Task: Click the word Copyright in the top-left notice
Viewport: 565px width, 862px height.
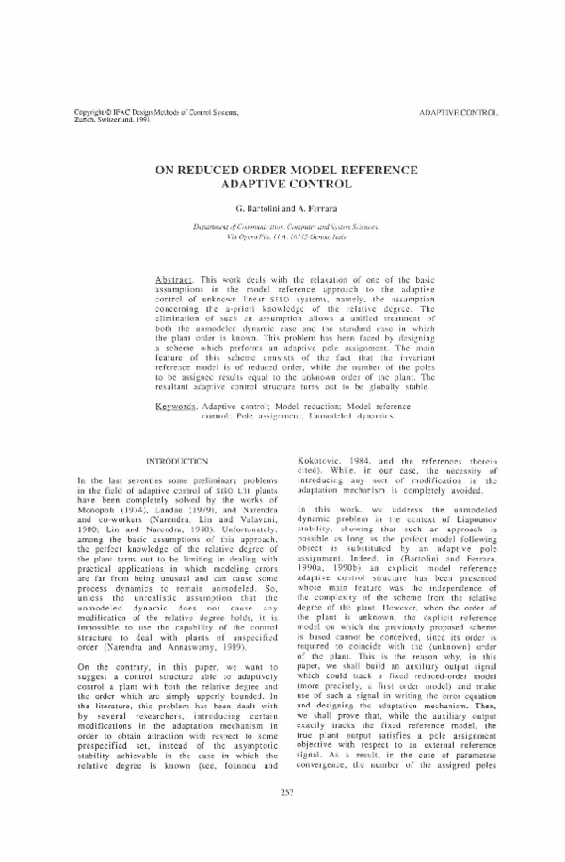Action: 91,113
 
